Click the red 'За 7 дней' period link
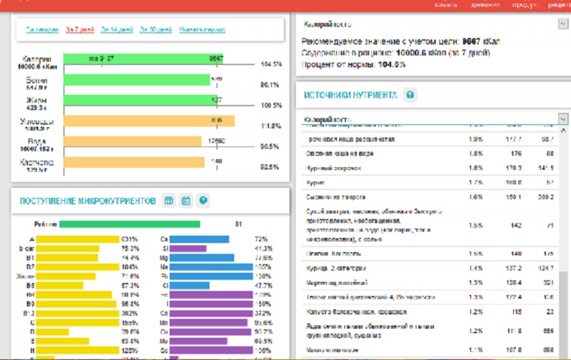point(79,30)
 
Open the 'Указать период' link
point(202,30)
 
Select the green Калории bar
point(143,59)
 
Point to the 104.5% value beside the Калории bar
point(271,64)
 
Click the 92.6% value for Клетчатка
point(271,167)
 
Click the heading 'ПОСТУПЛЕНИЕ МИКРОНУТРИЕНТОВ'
point(86,201)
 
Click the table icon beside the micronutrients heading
point(169,201)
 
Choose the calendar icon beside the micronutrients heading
point(186,201)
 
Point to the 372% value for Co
point(263,313)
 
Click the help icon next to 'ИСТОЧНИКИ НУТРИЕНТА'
point(410,95)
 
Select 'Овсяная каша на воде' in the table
point(335,153)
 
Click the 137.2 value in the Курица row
point(515,269)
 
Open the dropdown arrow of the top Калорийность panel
point(562,24)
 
